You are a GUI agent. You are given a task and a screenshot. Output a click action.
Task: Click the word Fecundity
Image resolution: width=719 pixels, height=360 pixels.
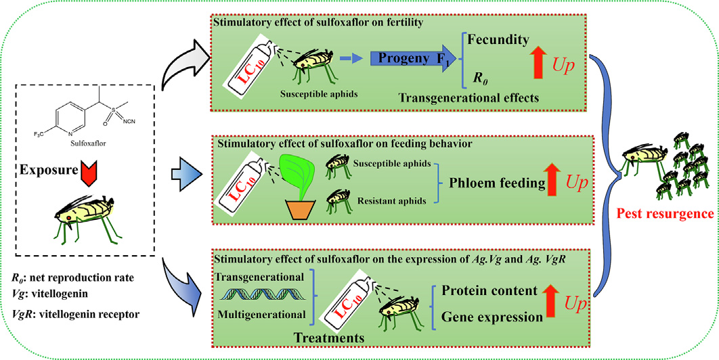click(x=498, y=40)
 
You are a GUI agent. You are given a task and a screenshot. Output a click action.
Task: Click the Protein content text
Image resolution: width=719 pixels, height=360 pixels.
click(x=489, y=291)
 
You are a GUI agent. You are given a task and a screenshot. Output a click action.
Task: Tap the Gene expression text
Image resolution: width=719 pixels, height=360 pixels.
click(x=491, y=317)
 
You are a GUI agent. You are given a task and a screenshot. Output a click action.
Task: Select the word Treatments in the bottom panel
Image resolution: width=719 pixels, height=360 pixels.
click(x=328, y=338)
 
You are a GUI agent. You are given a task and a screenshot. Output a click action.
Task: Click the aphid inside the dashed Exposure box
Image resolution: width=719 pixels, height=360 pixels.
click(x=85, y=215)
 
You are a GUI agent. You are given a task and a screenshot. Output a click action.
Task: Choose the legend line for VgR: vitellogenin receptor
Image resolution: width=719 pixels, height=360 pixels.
click(x=75, y=315)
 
